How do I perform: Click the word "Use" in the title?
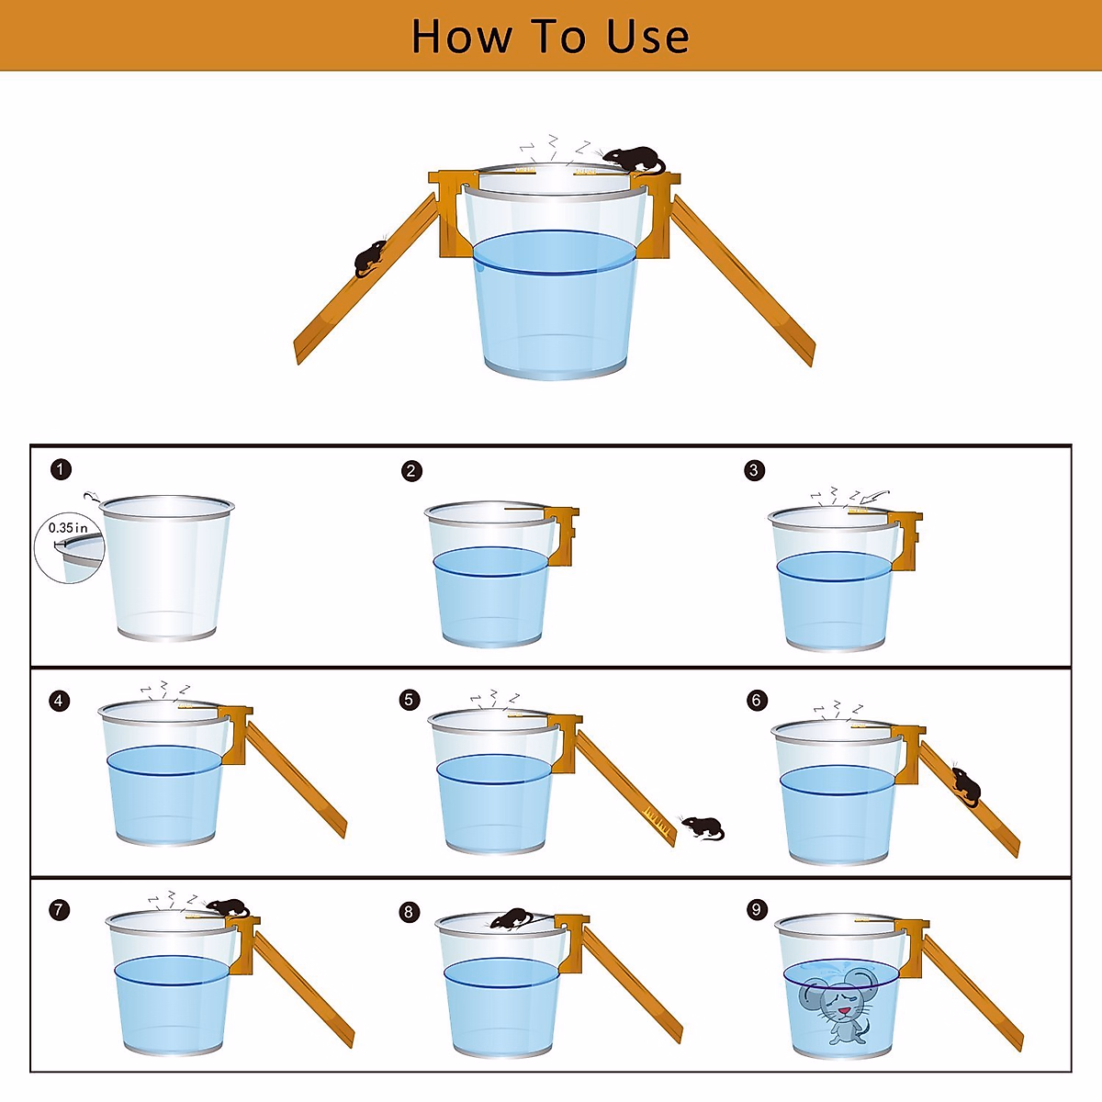click(647, 36)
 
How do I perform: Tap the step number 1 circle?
click(62, 469)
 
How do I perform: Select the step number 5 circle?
click(409, 700)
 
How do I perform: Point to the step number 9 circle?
click(757, 909)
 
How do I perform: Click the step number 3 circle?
click(754, 470)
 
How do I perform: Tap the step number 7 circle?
click(60, 910)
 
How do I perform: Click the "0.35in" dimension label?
click(67, 527)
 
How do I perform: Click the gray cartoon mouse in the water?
click(836, 1012)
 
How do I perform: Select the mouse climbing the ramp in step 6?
click(966, 784)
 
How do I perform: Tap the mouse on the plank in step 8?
click(512, 918)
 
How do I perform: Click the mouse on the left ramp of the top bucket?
click(370, 258)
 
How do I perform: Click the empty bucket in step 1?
click(166, 568)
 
